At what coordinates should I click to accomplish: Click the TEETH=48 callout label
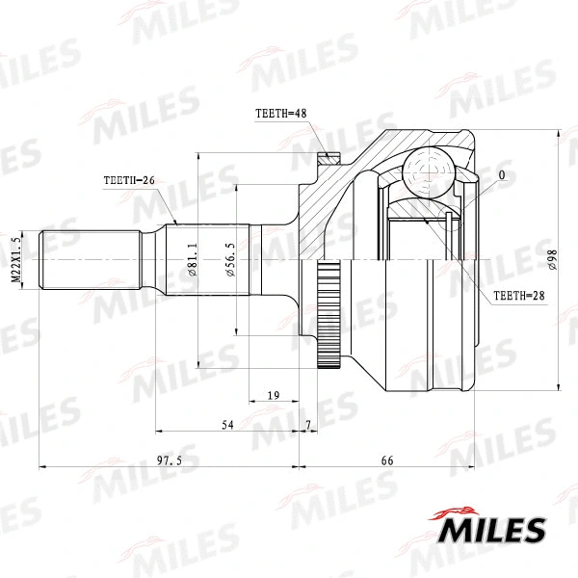coord(280,114)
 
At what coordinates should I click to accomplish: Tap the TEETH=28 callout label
coord(519,297)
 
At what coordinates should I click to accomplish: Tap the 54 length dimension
coord(228,425)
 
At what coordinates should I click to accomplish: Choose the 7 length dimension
coord(307,425)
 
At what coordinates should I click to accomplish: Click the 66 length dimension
coord(387,461)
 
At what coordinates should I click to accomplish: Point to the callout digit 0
coord(502,175)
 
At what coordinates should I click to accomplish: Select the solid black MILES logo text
coord(492,530)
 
